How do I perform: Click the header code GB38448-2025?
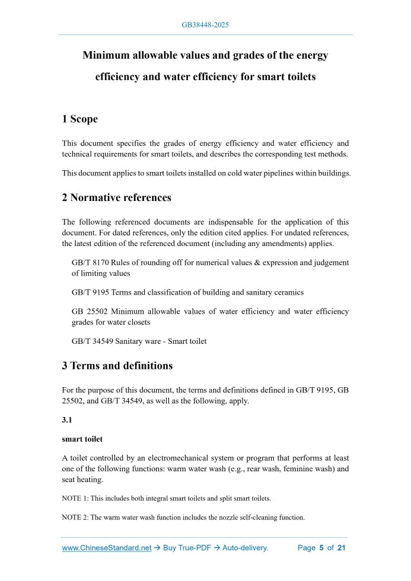click(x=205, y=25)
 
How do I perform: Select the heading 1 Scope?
click(x=79, y=119)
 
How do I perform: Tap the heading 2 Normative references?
click(x=116, y=197)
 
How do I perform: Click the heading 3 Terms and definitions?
click(x=117, y=366)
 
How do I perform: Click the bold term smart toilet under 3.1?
click(x=82, y=439)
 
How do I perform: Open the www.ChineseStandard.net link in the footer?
click(x=107, y=548)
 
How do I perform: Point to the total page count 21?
click(x=341, y=548)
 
